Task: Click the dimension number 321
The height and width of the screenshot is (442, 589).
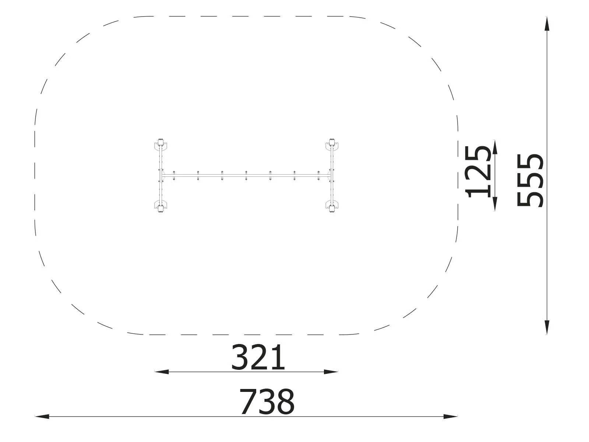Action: pos(258,358)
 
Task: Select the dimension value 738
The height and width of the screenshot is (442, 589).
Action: pos(267,402)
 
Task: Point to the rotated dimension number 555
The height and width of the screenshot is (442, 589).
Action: pos(530,180)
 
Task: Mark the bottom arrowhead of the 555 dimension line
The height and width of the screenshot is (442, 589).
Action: pos(547,327)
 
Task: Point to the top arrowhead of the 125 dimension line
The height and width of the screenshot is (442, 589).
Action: pos(495,147)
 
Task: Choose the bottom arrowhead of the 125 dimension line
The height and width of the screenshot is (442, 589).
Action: pos(495,204)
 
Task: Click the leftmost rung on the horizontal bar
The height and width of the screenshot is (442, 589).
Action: pos(174,175)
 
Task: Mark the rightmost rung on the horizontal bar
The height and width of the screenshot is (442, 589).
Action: pos(318,175)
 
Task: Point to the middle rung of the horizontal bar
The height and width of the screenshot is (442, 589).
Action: pos(246,175)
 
